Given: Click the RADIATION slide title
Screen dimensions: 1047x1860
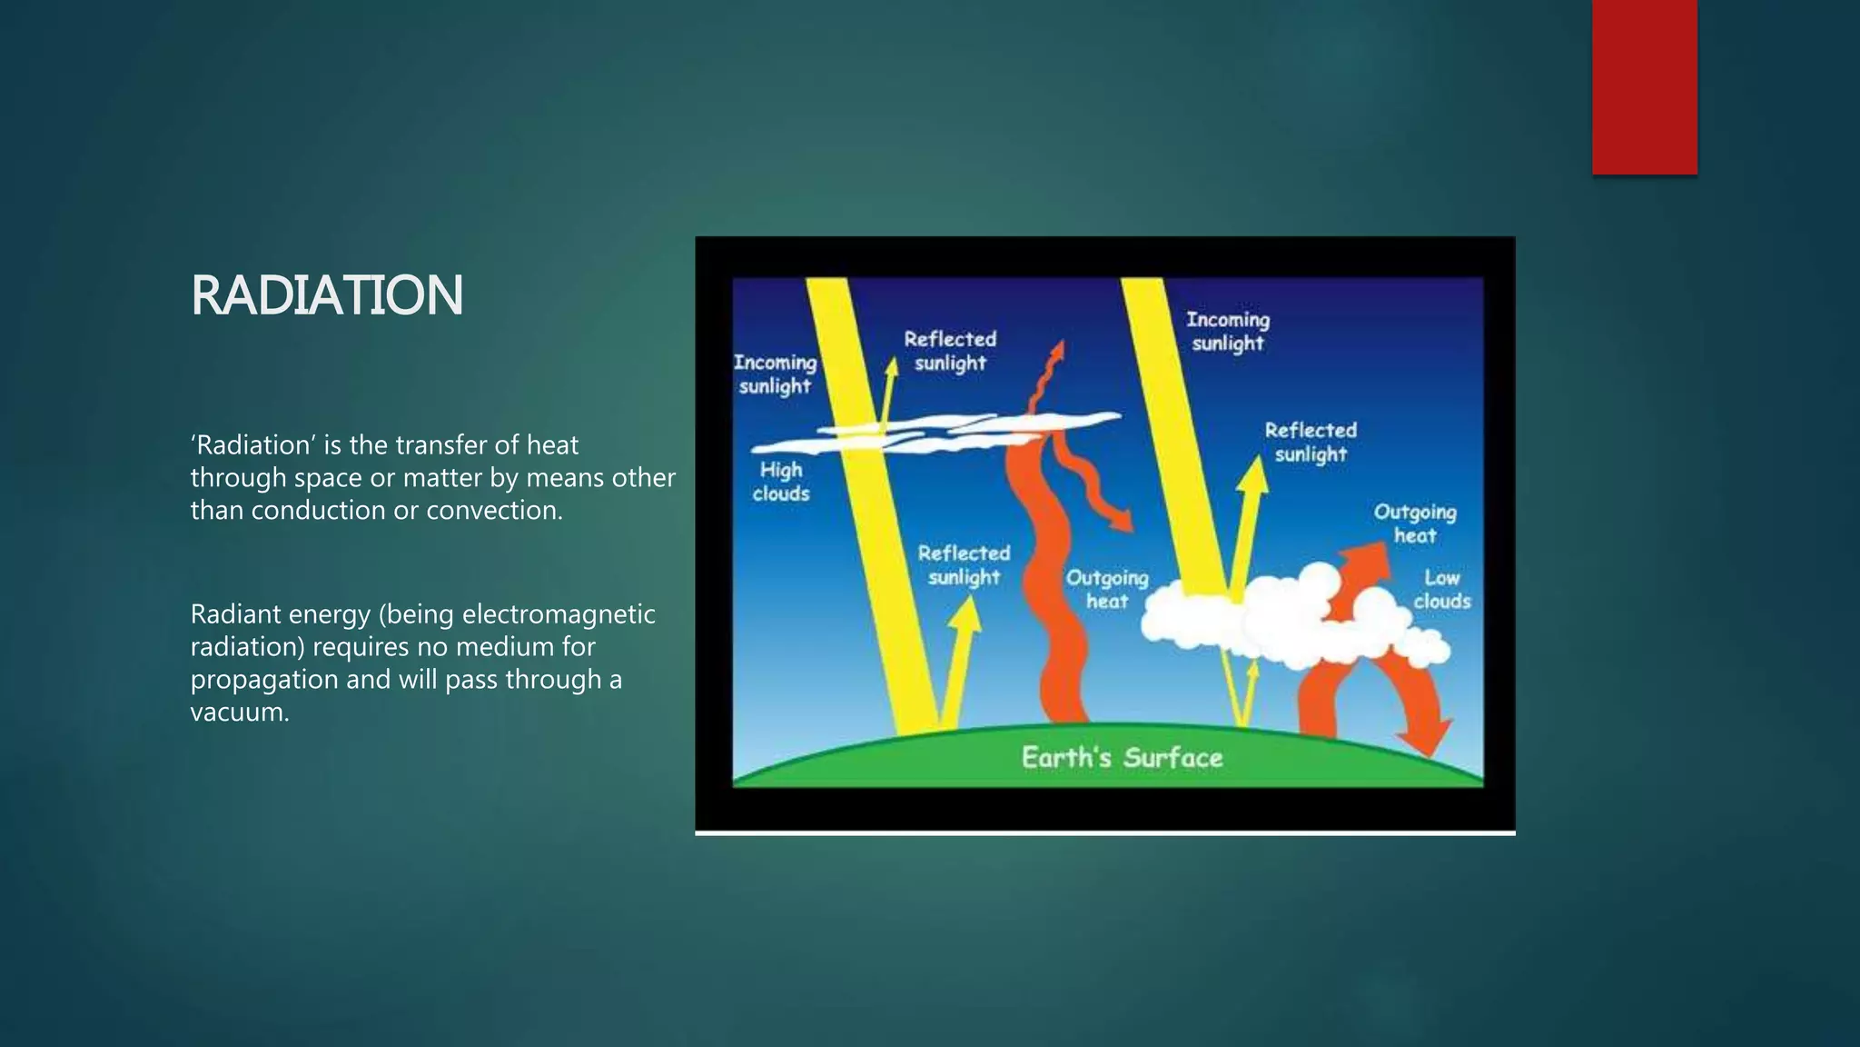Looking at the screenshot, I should (327, 295).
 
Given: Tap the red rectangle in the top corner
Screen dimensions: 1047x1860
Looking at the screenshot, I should (1644, 86).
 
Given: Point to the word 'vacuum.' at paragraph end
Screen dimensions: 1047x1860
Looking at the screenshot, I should (240, 712).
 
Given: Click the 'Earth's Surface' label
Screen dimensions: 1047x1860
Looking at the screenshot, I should (1122, 758).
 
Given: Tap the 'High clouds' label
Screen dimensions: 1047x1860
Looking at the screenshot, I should (781, 482).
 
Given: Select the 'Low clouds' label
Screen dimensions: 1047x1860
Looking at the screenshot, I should (1441, 589).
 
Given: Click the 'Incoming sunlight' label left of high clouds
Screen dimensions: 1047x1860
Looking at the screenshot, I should (775, 374).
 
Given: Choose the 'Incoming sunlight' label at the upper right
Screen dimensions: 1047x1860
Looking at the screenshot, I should (1228, 331).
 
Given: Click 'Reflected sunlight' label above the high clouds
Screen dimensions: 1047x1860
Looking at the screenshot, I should (950, 351).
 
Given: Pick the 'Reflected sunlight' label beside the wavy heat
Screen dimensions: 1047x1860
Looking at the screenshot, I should (964, 564).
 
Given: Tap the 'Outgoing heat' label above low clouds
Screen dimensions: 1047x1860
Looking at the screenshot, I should (1414, 523).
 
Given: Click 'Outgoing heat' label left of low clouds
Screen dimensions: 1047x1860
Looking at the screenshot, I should (1106, 589).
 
